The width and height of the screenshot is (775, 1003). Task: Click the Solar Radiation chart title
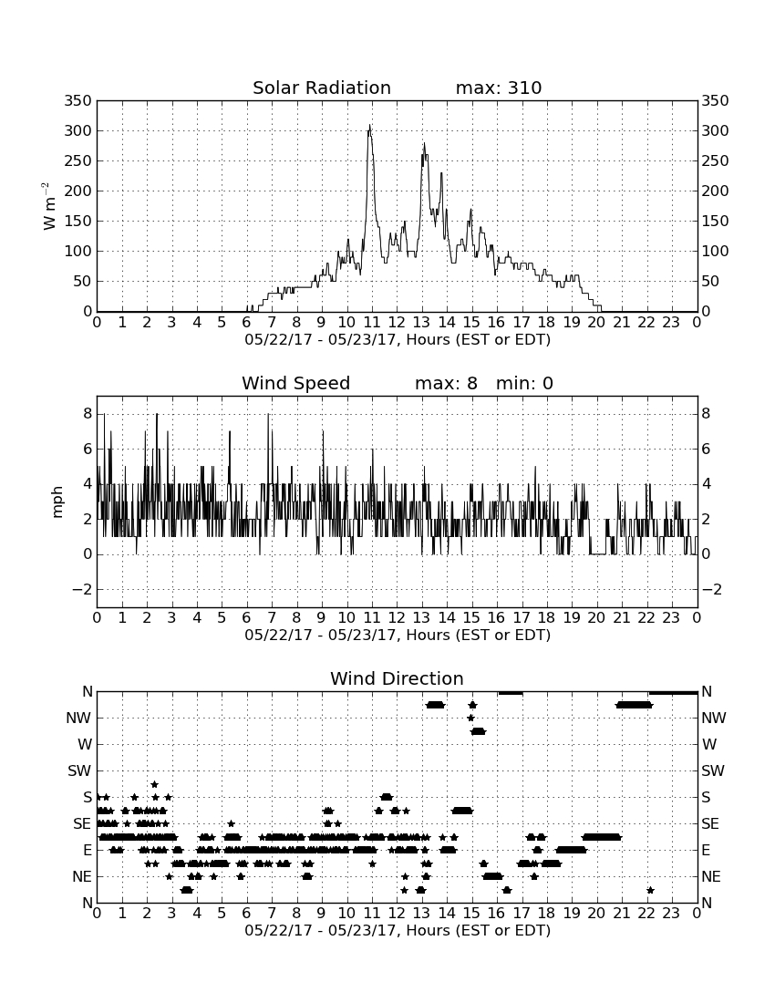pos(322,88)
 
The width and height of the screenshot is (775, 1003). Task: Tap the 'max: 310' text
pos(499,88)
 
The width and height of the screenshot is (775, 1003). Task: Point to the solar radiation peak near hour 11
pos(369,126)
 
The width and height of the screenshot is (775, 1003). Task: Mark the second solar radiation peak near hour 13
pos(424,144)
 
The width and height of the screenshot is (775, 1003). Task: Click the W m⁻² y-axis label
pos(48,206)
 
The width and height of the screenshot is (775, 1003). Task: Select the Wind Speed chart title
pos(296,383)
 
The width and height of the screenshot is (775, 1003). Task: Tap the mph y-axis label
pos(57,502)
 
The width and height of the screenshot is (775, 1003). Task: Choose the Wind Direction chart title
pos(397,678)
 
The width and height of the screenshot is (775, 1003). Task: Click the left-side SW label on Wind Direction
pos(79,770)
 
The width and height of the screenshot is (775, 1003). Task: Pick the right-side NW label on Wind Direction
pos(714,718)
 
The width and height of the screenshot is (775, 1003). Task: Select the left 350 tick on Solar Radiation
pos(78,100)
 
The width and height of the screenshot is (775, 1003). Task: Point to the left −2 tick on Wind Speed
pos(82,589)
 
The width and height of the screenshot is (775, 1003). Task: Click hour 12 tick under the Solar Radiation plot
pos(397,322)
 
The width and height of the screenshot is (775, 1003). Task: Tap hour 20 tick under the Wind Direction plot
pos(596,913)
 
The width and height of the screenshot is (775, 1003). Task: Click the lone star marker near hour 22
pos(650,890)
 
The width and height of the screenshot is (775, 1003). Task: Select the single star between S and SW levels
pos(154,784)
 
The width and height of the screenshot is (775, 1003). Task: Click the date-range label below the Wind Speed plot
pos(398,636)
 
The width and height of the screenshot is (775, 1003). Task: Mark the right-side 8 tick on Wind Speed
pos(706,414)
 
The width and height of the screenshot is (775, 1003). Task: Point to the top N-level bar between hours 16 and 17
pos(511,693)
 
